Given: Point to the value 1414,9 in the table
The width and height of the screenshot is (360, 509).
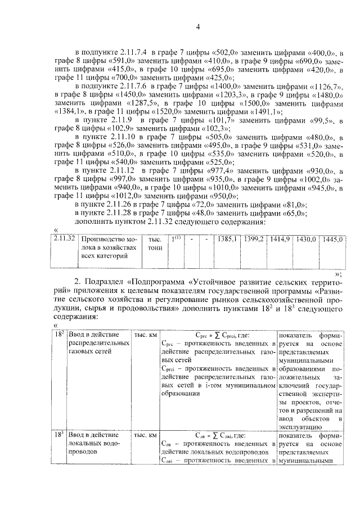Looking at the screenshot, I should coord(280,239).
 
